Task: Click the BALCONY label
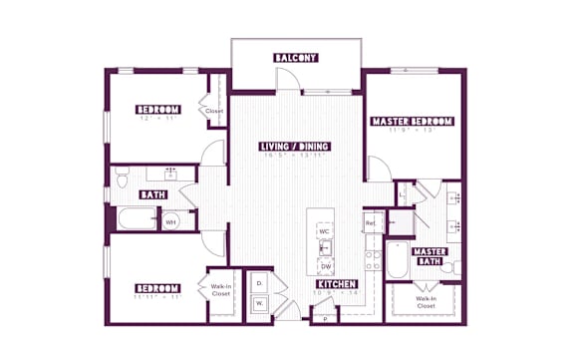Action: click(x=295, y=58)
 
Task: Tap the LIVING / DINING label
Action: click(x=294, y=147)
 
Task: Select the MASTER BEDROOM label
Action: click(x=412, y=122)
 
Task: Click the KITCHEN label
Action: click(x=337, y=283)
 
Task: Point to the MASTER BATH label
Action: click(x=430, y=256)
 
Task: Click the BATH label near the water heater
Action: click(x=152, y=195)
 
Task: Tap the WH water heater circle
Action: click(x=170, y=221)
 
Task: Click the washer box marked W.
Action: click(x=258, y=303)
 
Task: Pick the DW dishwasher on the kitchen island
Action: click(x=325, y=266)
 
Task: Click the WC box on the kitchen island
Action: click(x=325, y=231)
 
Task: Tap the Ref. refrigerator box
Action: click(x=372, y=222)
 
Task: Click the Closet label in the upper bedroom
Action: click(x=214, y=112)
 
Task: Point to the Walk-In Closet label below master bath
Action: click(x=426, y=301)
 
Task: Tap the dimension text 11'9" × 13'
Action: click(x=412, y=131)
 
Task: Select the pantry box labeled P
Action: click(x=325, y=319)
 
